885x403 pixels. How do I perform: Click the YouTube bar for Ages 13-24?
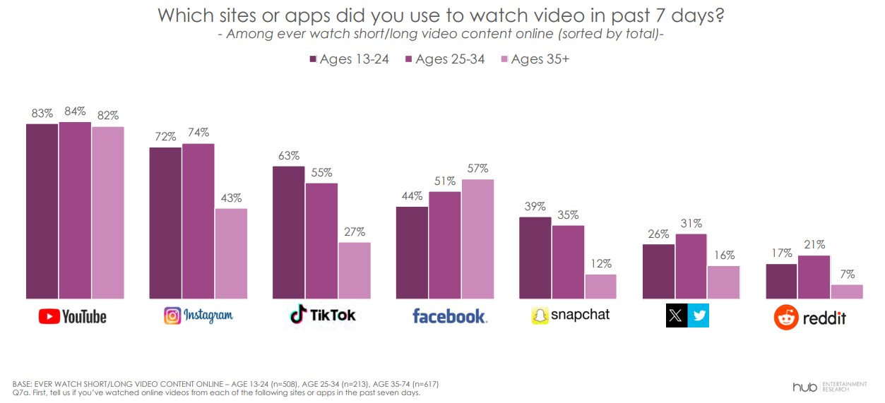click(x=42, y=212)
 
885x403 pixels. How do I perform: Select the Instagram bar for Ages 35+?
click(x=231, y=254)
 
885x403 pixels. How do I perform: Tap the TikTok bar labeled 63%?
click(x=289, y=233)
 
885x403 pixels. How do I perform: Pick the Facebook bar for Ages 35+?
click(x=477, y=239)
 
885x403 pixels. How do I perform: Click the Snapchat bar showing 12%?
click(x=600, y=287)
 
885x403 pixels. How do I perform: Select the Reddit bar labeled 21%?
click(x=814, y=277)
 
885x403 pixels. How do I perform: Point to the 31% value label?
click(x=691, y=224)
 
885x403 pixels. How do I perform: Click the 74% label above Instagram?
click(x=198, y=133)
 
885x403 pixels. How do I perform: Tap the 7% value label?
click(x=847, y=274)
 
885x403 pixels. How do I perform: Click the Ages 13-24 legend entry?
click(x=350, y=59)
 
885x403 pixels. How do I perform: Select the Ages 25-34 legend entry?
click(x=445, y=59)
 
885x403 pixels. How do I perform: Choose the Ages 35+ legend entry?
click(x=535, y=59)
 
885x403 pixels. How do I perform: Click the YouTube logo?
click(x=72, y=316)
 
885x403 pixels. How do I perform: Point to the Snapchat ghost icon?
click(x=540, y=315)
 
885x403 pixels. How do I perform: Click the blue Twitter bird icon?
click(x=698, y=315)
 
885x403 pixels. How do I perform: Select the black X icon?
click(x=677, y=315)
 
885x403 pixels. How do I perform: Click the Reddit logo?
click(x=810, y=317)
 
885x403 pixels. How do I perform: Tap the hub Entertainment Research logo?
click(x=828, y=386)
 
